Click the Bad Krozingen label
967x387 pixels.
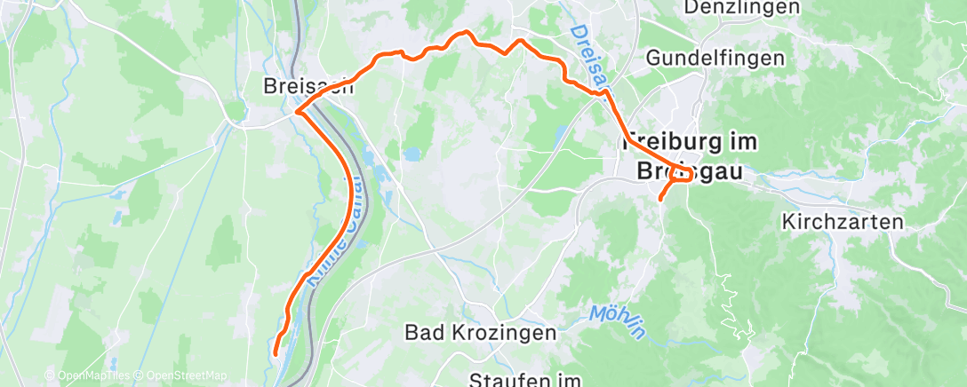(x=480, y=333)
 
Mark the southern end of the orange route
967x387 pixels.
(x=276, y=353)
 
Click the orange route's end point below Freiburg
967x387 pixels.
(x=660, y=199)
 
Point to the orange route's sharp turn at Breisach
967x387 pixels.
(x=296, y=112)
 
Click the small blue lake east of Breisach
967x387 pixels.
(x=412, y=154)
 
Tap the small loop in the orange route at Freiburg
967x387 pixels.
(x=685, y=172)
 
